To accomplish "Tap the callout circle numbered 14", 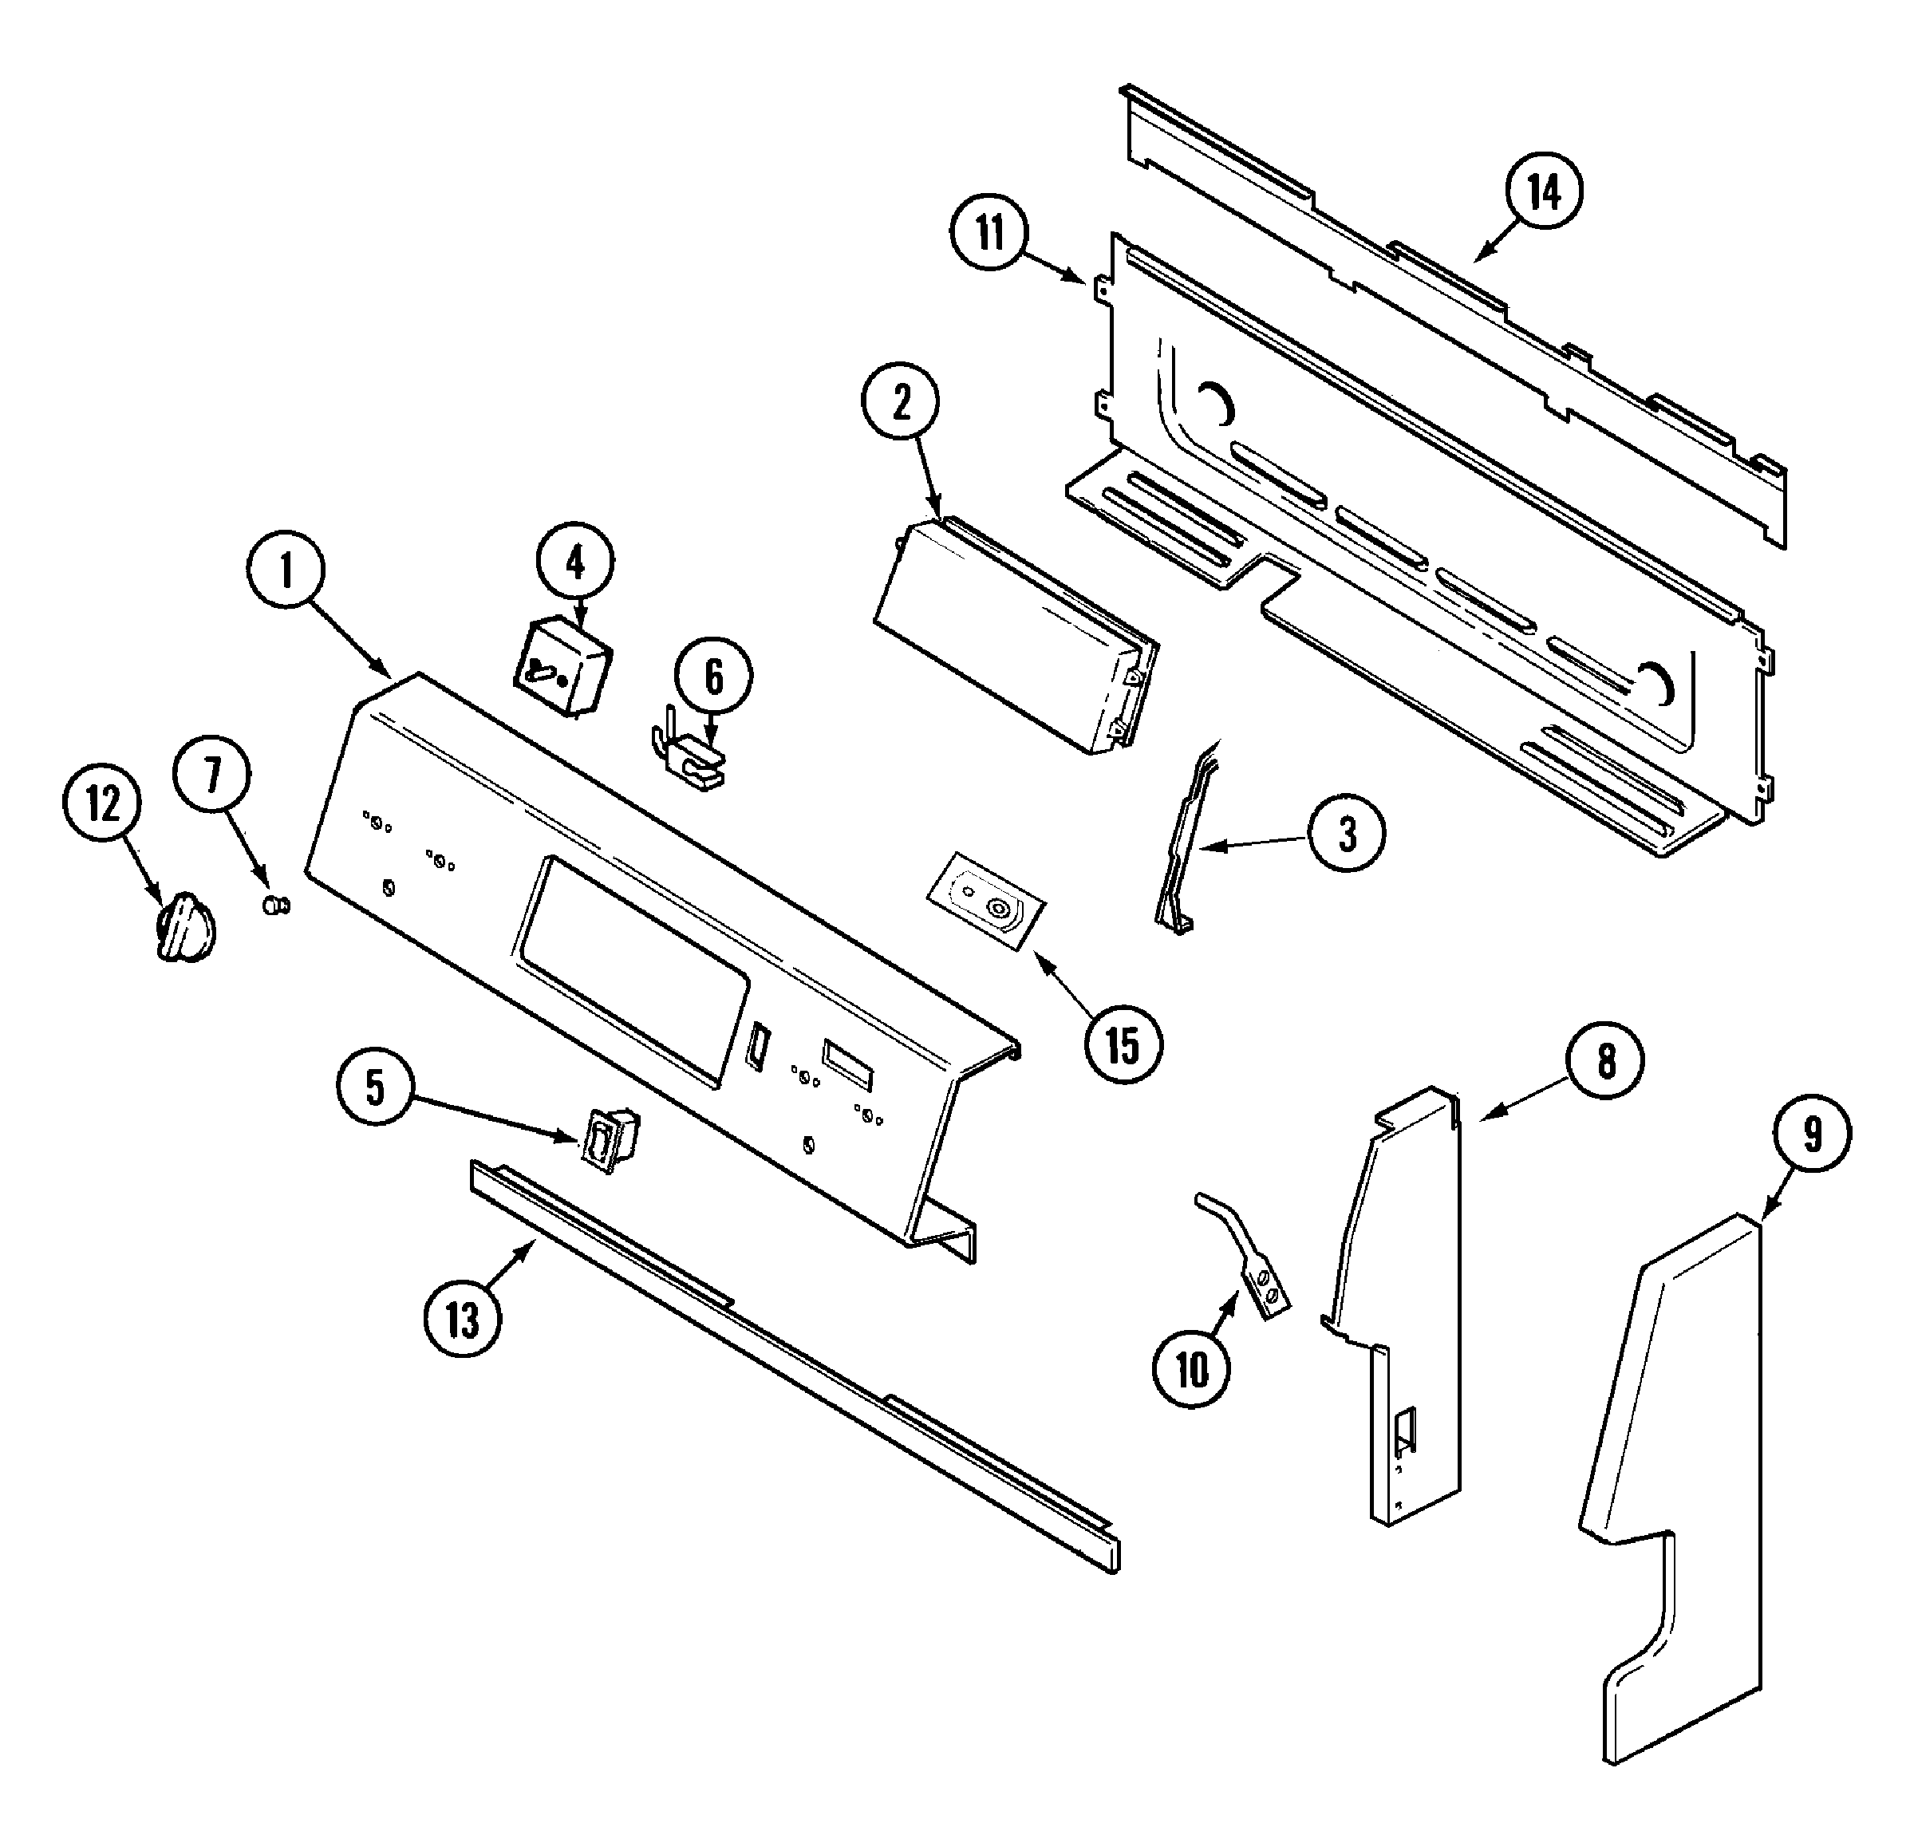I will pyautogui.click(x=1544, y=193).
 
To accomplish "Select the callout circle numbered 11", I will pyautogui.click(x=990, y=234).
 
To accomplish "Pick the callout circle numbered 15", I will pyautogui.click(x=1123, y=1046).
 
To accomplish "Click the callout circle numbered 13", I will pyautogui.click(x=463, y=1321).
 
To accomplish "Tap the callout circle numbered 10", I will pyautogui.click(x=1192, y=1370).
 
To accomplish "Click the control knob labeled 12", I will pyautogui.click(x=185, y=927).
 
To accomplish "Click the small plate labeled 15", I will pyautogui.click(x=985, y=898).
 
